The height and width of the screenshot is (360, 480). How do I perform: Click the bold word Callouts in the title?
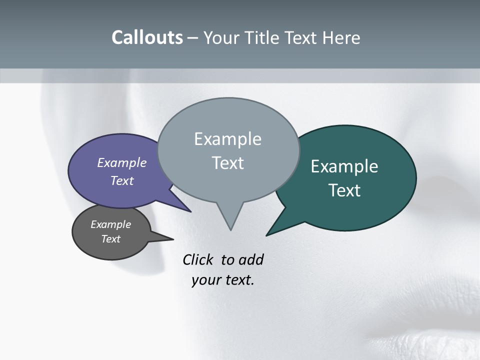(147, 38)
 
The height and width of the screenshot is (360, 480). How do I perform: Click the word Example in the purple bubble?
(122, 163)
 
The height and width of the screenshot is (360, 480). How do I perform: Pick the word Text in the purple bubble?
(122, 180)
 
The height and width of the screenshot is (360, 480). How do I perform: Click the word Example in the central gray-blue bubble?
(227, 139)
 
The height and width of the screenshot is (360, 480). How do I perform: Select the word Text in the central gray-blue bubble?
(227, 163)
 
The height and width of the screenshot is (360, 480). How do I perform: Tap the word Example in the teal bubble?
(344, 166)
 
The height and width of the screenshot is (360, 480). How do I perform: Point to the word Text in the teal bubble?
(344, 190)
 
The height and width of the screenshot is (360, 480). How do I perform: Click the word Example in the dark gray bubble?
(110, 224)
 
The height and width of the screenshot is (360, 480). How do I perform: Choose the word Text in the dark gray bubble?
(110, 239)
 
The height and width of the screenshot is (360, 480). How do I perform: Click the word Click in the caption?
(198, 260)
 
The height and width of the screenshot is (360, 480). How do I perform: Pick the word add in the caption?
(251, 260)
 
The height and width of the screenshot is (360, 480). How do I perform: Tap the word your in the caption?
(204, 280)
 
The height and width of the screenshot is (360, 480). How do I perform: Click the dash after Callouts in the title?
(193, 38)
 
